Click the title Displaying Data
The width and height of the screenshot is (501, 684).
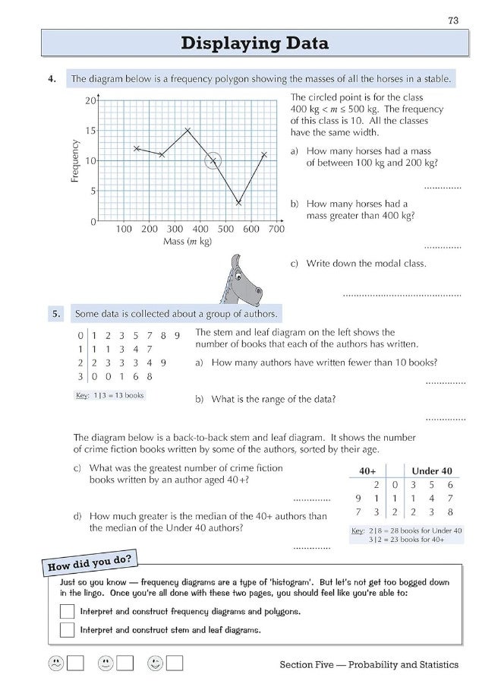254,44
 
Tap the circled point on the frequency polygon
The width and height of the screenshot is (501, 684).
213,160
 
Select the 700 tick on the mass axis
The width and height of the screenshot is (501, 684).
276,229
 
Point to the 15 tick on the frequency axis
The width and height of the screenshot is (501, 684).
91,130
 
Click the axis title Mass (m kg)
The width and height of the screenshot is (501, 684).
188,242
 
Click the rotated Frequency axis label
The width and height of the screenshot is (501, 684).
74,160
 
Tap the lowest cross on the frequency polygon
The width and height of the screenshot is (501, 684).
238,203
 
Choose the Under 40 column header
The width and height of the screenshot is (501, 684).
432,470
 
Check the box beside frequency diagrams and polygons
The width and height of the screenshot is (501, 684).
68,611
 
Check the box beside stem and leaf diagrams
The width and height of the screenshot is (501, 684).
68,629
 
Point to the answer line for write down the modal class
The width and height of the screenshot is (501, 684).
402,293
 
